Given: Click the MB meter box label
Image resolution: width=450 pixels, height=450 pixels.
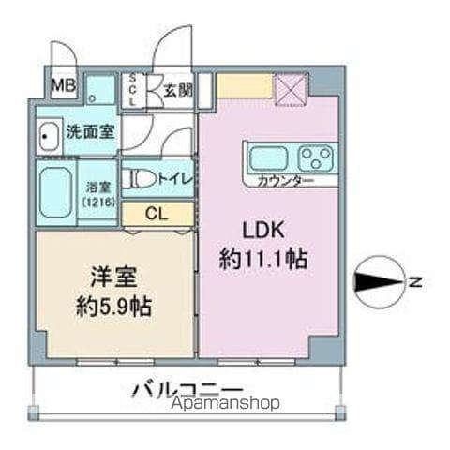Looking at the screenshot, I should [63, 87].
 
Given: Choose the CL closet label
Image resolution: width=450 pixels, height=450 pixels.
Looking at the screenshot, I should [157, 214].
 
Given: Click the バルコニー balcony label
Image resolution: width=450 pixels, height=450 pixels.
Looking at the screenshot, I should [187, 388].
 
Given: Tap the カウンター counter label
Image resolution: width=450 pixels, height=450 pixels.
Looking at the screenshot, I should [277, 178].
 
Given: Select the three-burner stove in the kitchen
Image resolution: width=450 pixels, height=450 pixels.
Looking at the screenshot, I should [317, 154].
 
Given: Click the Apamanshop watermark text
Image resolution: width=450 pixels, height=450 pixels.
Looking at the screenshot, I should [226, 404].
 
